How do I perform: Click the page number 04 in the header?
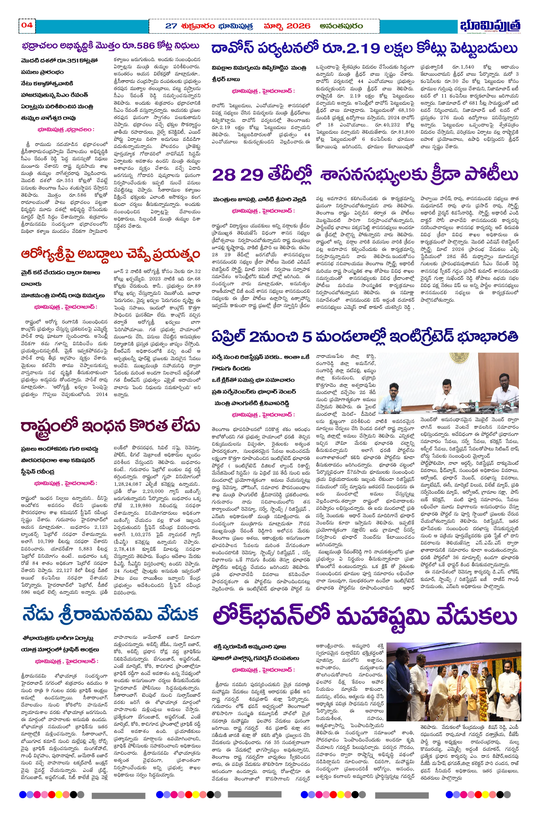[x=27, y=25]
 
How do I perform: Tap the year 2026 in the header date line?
[x=298, y=26]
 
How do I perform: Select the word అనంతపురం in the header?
[x=341, y=26]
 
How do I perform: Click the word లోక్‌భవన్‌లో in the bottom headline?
[x=271, y=617]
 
